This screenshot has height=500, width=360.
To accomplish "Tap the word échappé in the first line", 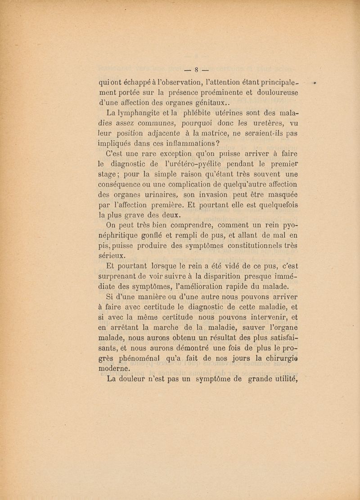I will click(138, 83).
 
